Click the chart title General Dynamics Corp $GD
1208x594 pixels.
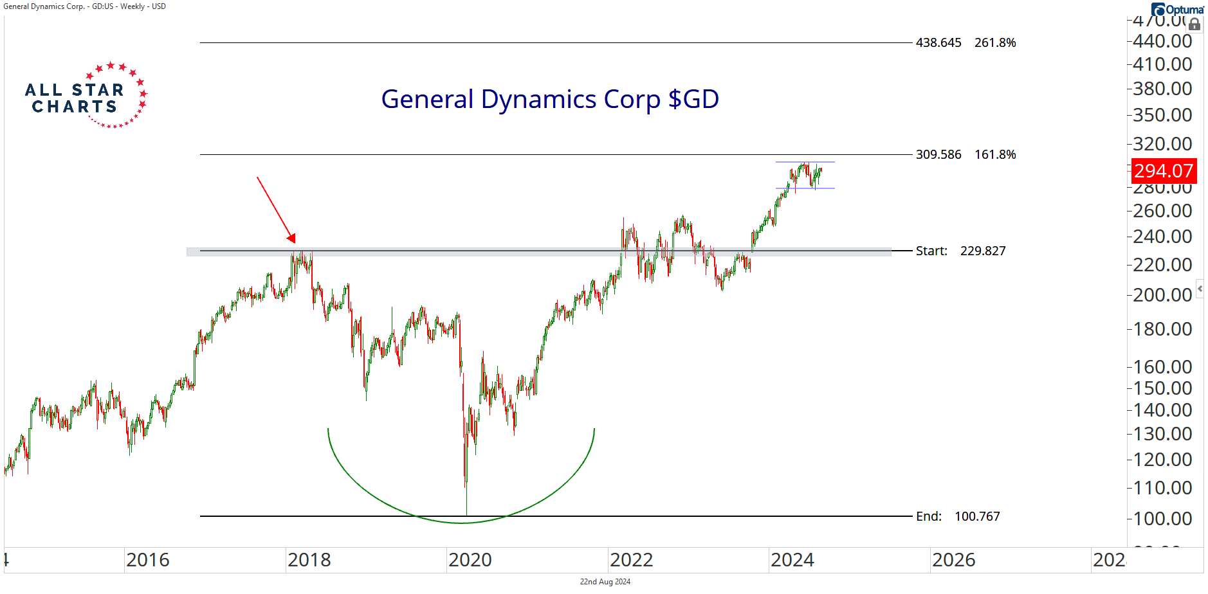[x=550, y=100]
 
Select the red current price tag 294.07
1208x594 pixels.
[x=1163, y=171]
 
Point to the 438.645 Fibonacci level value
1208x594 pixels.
[x=938, y=43]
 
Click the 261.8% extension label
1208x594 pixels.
[x=995, y=43]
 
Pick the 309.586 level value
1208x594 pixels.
[x=938, y=155]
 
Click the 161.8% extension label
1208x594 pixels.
[x=995, y=155]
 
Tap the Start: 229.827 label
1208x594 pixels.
[x=960, y=251]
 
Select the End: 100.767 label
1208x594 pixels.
[x=958, y=517]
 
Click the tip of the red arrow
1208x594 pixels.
[x=295, y=242]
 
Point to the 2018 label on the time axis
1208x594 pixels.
[x=309, y=561]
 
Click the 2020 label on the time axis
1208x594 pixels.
[x=470, y=561]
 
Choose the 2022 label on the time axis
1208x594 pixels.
[x=631, y=561]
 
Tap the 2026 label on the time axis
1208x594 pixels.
[x=953, y=561]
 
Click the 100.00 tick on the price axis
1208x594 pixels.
[x=1162, y=519]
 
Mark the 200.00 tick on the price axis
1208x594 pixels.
[x=1162, y=295]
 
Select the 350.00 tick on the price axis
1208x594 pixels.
[x=1162, y=115]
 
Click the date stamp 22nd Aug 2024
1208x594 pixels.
[x=605, y=582]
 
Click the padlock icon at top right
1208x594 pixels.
[x=1194, y=24]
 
